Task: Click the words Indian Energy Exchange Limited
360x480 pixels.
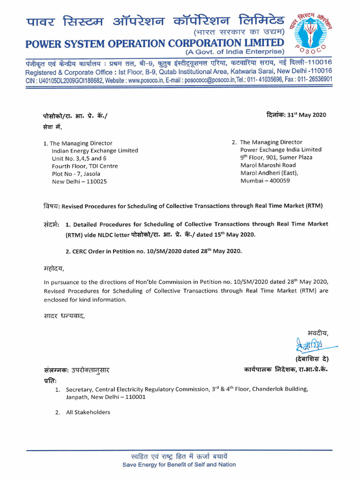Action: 95,150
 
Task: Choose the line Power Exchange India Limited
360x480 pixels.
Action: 281,150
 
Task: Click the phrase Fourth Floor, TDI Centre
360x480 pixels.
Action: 85,166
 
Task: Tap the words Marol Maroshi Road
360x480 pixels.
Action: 268,165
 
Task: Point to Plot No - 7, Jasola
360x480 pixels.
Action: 76,173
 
